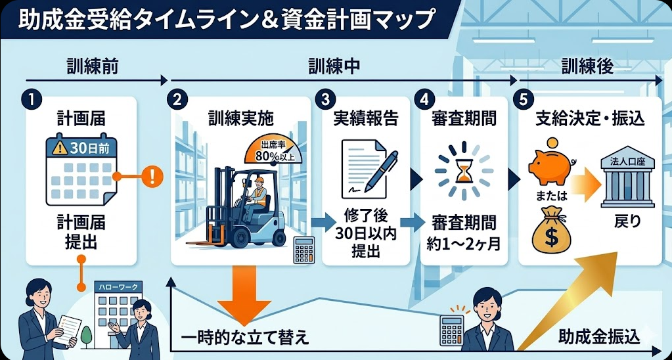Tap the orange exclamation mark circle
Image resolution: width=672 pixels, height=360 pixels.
coord(152,176)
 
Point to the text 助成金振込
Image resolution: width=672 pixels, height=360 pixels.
coord(593,336)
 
